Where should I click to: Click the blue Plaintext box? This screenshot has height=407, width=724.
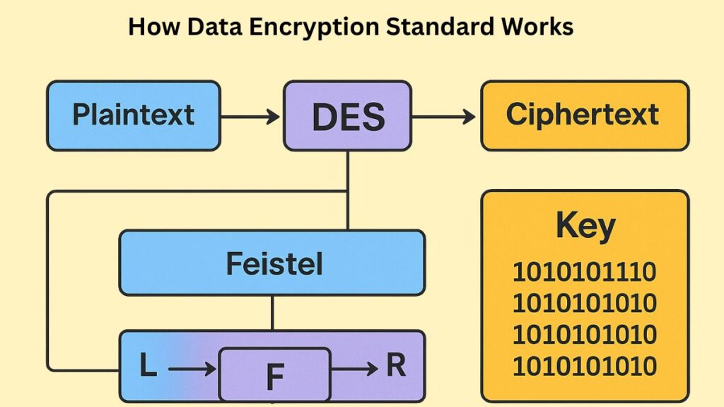coord(133,115)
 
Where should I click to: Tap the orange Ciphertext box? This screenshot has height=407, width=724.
coord(584,115)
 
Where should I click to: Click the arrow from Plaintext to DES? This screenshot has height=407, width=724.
coord(251,116)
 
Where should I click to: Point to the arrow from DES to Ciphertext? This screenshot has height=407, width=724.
coord(444,116)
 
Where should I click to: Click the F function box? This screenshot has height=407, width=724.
coord(274,375)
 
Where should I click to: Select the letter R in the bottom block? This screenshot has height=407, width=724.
coord(396,366)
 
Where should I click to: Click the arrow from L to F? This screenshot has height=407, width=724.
coord(192,368)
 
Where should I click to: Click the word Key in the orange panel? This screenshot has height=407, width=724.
coord(585,227)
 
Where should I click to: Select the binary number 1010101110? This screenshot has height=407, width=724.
coord(585,272)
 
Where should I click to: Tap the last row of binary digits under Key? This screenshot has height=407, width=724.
coord(585,367)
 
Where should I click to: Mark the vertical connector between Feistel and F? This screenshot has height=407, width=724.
coord(272,312)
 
